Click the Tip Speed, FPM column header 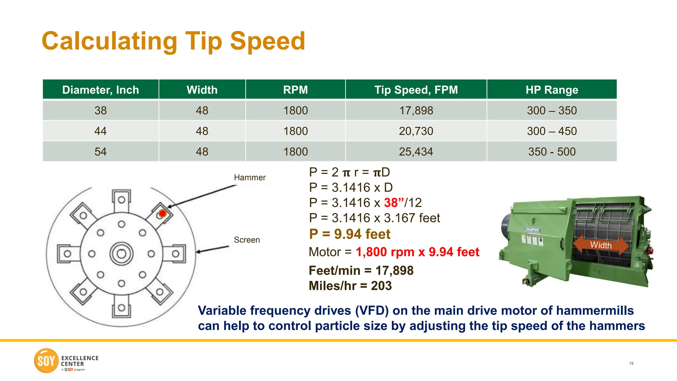[416, 90]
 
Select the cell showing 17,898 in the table [416, 110]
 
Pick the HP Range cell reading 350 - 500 [552, 151]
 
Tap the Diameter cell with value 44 [100, 131]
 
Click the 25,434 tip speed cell [416, 151]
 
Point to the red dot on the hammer [162, 213]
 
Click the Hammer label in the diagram [250, 178]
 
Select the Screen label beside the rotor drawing [247, 240]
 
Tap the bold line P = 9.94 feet [350, 234]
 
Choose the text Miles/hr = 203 [350, 286]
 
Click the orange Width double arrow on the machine [601, 245]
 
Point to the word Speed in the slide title [267, 41]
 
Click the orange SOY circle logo [46, 360]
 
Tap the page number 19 [631, 363]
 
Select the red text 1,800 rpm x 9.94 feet [417, 252]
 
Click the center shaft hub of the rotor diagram [121, 254]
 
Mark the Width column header [202, 90]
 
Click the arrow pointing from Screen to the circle [212, 249]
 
